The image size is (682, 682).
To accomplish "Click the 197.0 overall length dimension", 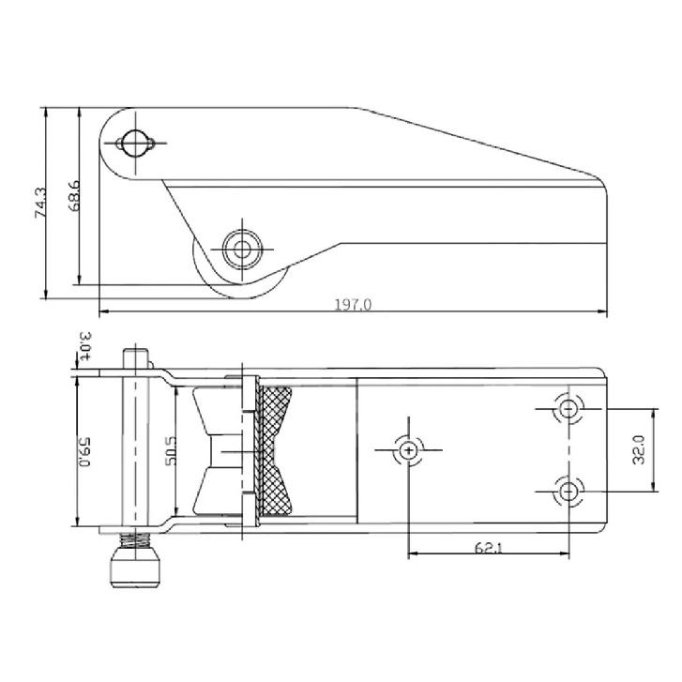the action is (353, 305).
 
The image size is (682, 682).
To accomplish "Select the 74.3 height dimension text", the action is (40, 203).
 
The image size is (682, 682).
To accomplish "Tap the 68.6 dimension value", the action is (74, 196).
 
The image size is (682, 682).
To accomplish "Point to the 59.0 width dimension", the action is (84, 452).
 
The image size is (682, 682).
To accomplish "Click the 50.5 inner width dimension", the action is (171, 450).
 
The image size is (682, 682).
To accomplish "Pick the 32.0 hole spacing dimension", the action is (639, 449).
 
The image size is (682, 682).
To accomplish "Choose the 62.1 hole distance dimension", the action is (488, 547).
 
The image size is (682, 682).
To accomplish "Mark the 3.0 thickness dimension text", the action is (85, 346).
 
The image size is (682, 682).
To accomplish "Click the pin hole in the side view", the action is (135, 143).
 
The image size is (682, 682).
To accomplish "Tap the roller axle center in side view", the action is (242, 250).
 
